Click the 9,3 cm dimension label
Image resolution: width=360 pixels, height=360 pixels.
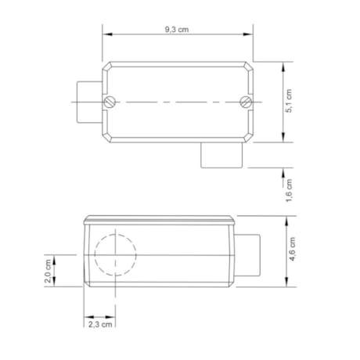coord(177,29)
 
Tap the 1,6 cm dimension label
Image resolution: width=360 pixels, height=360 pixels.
coord(289,189)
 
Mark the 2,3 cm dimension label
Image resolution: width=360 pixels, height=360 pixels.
coord(99,323)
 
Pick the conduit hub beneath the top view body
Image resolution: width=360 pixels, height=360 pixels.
coord(221,155)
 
